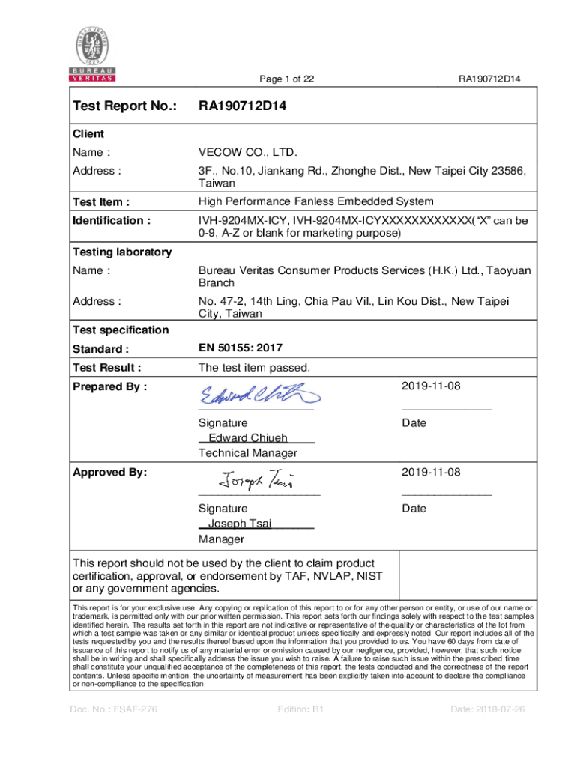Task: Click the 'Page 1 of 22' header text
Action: (286, 79)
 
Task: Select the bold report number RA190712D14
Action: (242, 106)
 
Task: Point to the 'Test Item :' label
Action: (100, 201)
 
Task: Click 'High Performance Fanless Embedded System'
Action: (315, 201)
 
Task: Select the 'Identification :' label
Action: (111, 220)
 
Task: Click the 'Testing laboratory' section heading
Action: (121, 252)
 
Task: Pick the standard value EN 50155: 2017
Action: (241, 348)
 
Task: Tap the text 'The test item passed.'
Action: (254, 367)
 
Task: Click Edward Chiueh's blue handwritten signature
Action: (259, 395)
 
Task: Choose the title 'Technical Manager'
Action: (247, 453)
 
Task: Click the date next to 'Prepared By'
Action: (431, 386)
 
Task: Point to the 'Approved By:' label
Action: (109, 473)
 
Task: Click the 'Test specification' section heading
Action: (120, 330)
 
